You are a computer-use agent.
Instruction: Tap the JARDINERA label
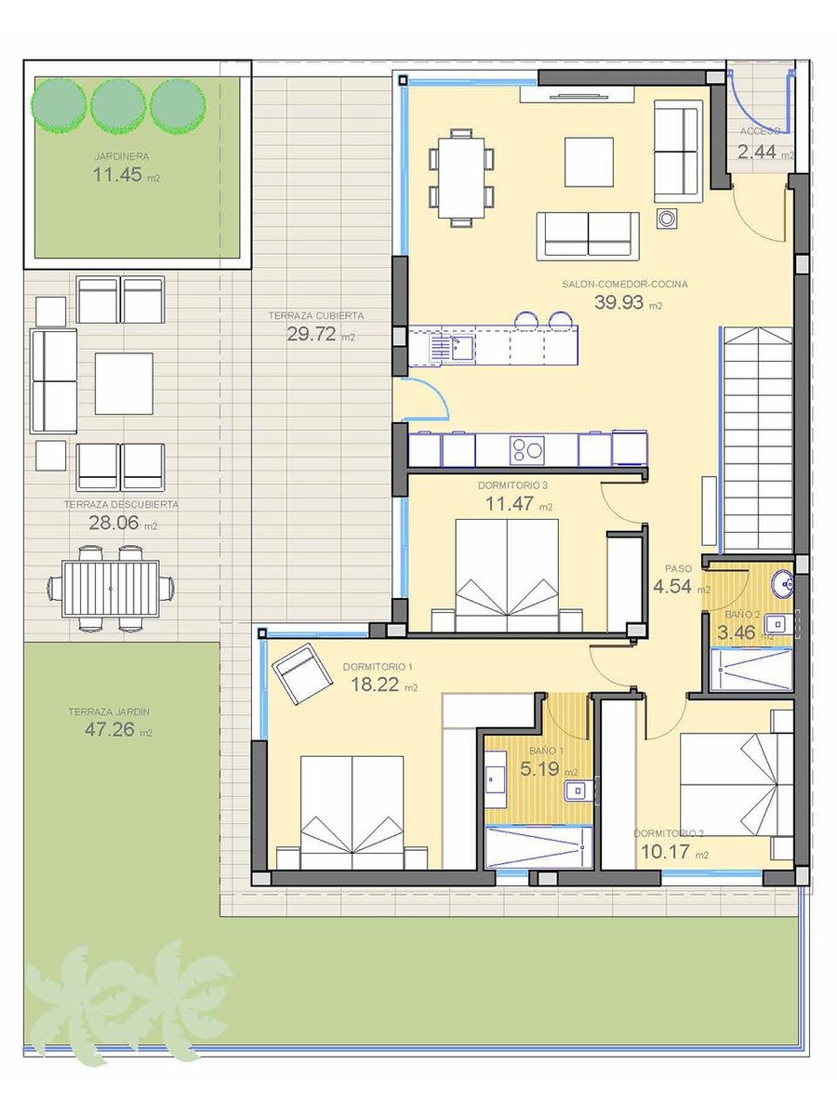click(122, 156)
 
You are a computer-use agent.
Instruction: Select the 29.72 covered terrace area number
click(311, 334)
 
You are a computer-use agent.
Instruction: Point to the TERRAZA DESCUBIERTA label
click(121, 504)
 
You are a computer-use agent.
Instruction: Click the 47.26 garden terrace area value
click(109, 730)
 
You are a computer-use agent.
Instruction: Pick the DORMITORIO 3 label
click(512, 485)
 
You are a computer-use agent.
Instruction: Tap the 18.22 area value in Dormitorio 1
click(375, 684)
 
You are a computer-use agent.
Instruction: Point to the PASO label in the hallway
click(679, 568)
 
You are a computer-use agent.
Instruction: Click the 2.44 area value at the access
click(757, 152)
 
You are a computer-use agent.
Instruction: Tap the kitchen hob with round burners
click(527, 450)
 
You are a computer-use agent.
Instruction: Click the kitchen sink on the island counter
click(460, 346)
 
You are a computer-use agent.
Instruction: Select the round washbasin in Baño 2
click(782, 584)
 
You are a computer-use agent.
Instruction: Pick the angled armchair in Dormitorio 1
click(302, 673)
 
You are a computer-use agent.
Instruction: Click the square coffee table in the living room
click(589, 162)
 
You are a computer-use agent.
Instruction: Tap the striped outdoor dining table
click(111, 589)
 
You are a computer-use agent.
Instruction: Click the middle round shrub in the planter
click(118, 106)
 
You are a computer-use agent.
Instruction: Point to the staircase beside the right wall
click(757, 440)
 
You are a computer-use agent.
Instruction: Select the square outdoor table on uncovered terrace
click(124, 383)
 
